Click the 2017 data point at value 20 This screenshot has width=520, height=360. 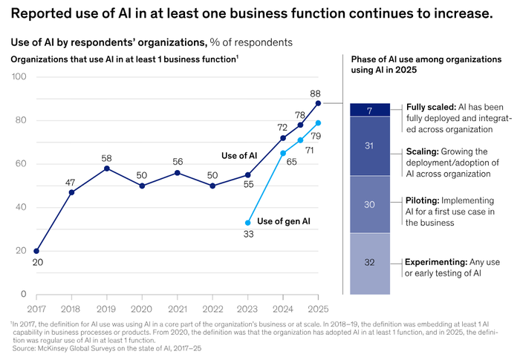pyautogui.click(x=36, y=251)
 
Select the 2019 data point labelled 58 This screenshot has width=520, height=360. pyautogui.click(x=107, y=168)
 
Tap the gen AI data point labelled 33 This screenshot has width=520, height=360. pyautogui.click(x=247, y=223)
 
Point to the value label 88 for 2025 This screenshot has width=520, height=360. pyautogui.click(x=315, y=94)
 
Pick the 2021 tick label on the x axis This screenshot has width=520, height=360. pyautogui.click(x=178, y=307)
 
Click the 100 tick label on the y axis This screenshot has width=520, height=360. pyautogui.click(x=20, y=76)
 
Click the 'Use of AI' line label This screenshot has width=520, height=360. pyautogui.click(x=239, y=155)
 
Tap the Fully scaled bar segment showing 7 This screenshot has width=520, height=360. pyautogui.click(x=369, y=110)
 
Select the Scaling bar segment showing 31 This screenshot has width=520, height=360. pyautogui.click(x=369, y=146)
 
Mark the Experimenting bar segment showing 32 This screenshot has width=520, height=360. pyautogui.click(x=369, y=263)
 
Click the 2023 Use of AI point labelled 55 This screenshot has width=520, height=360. pyautogui.click(x=247, y=174)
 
